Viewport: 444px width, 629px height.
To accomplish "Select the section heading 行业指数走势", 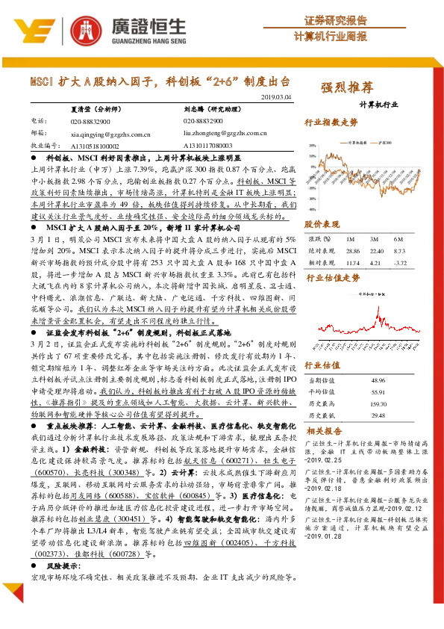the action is click(x=331, y=123).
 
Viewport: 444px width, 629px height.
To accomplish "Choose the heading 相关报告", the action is click(x=324, y=431).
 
